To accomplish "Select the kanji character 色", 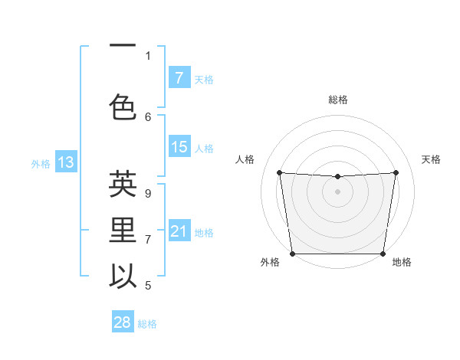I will point(123,106).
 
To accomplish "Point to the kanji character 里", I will point(123,231).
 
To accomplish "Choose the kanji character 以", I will point(123,277).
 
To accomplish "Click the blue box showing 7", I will point(179,78).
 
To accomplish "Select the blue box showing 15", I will point(179,147).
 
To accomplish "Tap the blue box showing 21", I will point(179,231).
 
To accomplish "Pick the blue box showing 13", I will point(65,162).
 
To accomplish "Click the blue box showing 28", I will point(122,322).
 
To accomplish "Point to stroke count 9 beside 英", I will point(147,194).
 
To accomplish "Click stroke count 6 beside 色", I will point(148,116).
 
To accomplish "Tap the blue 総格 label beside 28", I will point(147,324).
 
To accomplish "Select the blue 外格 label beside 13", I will point(40,163).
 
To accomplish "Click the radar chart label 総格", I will point(338,100).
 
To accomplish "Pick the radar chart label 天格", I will point(432,159).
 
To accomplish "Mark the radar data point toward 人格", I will point(279,172).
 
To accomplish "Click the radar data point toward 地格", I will point(383,254).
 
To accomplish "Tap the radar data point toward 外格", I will point(292,254).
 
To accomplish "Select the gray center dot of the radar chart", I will point(337,191).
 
